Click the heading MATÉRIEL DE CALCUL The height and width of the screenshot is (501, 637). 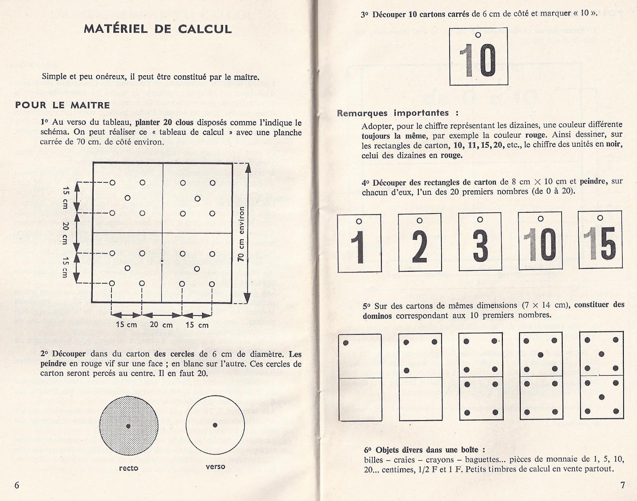click(158, 29)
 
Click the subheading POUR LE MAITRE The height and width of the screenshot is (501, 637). click(63, 105)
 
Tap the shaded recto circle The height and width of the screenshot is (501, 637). click(128, 426)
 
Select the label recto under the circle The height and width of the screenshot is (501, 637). click(129, 468)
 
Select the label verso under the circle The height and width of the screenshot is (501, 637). click(215, 466)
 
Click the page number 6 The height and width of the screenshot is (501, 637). click(17, 485)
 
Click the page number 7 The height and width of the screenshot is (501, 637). click(622, 485)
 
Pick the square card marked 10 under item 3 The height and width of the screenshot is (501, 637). click(478, 56)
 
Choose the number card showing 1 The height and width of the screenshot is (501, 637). click(359, 243)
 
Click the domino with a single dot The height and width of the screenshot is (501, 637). click(360, 377)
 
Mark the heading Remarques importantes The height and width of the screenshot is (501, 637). click(393, 113)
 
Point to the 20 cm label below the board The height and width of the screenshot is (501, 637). click(161, 324)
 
